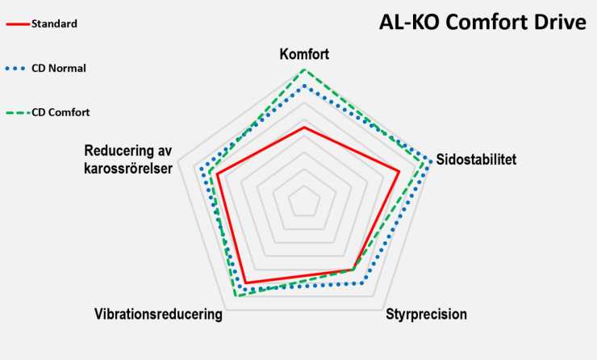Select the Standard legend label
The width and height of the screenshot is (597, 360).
[x=54, y=23]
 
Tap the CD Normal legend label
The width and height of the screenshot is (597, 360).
[x=59, y=68]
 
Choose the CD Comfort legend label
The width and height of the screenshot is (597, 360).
[x=61, y=112]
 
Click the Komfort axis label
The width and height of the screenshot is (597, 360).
[x=304, y=54]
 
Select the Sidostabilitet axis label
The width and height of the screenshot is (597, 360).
[x=475, y=159]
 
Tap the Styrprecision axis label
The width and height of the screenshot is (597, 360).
[x=426, y=314]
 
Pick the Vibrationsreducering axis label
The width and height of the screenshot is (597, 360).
[x=158, y=314]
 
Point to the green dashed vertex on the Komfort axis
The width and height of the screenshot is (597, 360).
[x=304, y=69]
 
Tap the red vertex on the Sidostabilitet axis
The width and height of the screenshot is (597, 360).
[x=399, y=170]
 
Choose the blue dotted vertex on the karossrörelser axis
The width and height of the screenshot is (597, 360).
[x=201, y=168]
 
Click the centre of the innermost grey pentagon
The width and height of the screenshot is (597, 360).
[x=304, y=200]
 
